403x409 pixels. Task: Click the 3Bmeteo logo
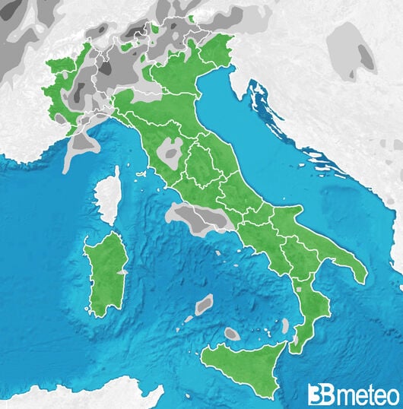point(353,395)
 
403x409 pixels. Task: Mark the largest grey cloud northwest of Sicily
point(204,306)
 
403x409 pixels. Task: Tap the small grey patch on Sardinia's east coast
point(122,271)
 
